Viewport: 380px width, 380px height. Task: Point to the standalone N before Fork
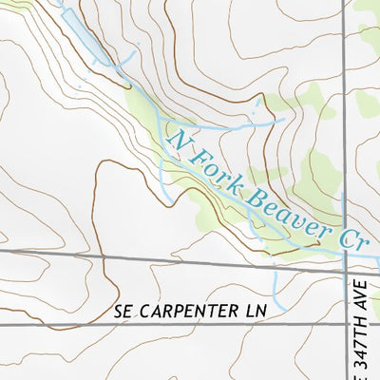click(179, 140)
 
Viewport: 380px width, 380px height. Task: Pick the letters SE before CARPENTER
click(121, 311)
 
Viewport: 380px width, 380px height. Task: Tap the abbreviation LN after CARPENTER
click(249, 311)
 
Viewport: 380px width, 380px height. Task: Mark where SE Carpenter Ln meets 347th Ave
click(344, 325)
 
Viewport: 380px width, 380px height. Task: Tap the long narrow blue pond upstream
click(89, 39)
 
